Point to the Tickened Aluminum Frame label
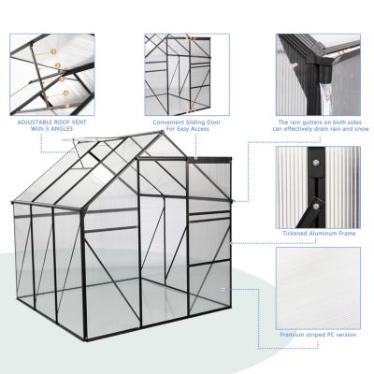pos(319,233)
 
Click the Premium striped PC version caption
pos(319,331)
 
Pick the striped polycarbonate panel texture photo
pos(320,284)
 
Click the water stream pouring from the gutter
pos(300,93)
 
